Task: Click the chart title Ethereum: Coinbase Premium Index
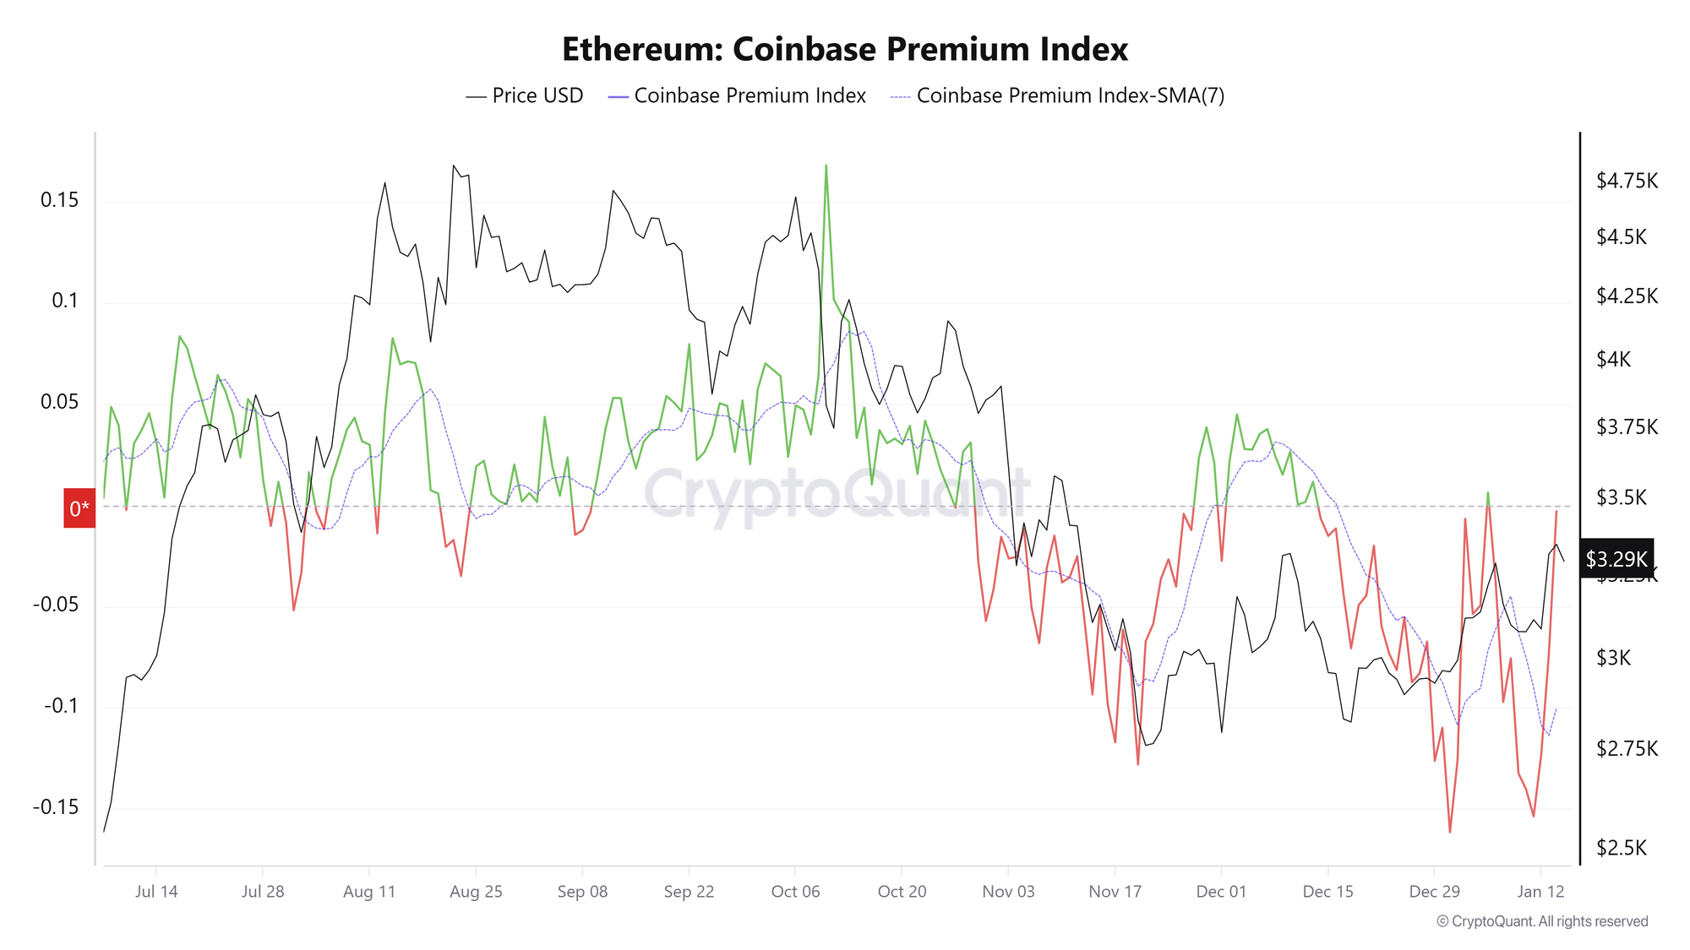844,49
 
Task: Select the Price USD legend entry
525,95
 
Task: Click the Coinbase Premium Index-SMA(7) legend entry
1057,95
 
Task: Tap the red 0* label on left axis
79,508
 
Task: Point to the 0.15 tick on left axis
59,200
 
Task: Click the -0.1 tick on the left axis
61,705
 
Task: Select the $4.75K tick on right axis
1626,181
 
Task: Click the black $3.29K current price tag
1616,558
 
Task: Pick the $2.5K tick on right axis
1621,848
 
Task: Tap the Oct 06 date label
795,892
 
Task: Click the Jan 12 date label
1540,892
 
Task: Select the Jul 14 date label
156,892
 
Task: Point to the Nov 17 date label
1115,892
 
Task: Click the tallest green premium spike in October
826,166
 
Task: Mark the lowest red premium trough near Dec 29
1449,831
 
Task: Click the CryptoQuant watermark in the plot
837,494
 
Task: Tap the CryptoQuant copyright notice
1541,921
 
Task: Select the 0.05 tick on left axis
59,402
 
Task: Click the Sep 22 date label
689,892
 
